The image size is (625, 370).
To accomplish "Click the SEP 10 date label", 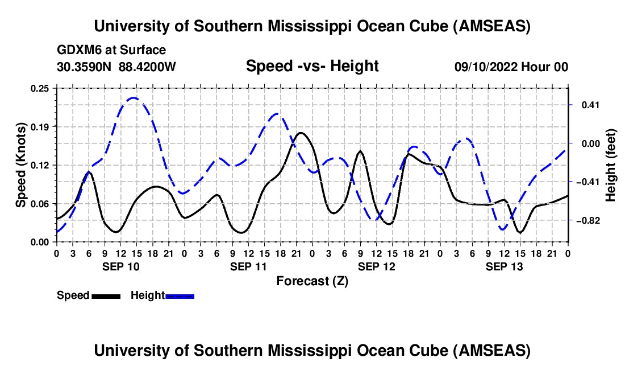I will click(120, 266).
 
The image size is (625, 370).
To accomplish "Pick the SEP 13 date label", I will click(503, 266).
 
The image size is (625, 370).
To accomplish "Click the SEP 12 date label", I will click(376, 266).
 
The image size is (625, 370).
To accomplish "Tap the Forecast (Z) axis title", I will click(312, 281).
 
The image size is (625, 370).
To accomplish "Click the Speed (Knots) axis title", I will click(20, 165).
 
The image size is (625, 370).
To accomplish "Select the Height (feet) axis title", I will click(611, 165).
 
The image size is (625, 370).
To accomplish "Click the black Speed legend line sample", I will click(106, 295).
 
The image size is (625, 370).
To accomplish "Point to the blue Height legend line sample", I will click(180, 295).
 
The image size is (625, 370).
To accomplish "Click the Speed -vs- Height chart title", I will click(312, 66).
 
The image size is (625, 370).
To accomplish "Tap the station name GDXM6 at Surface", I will click(111, 50).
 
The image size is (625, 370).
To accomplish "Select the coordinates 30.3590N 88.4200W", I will click(116, 67).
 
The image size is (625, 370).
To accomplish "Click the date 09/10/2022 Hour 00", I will click(511, 67).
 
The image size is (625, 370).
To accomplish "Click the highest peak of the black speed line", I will click(301, 133).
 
